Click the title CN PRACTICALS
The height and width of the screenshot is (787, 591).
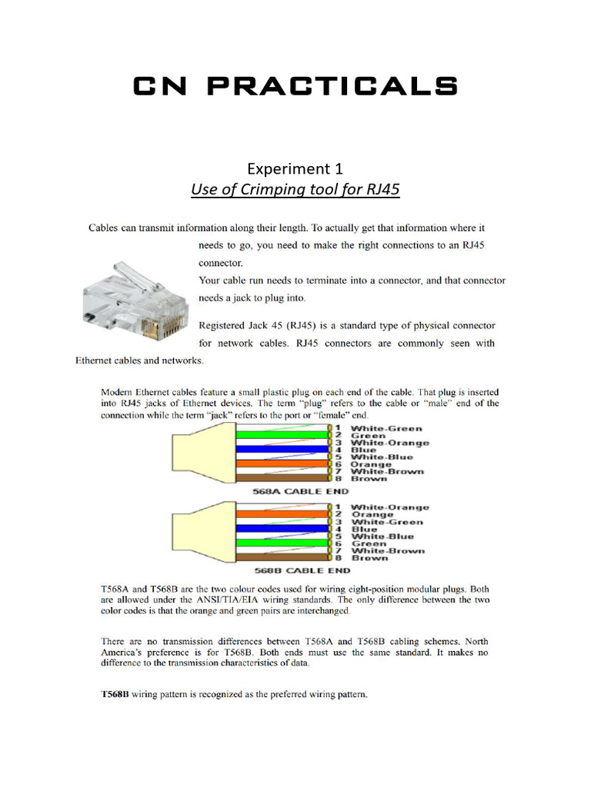[x=295, y=86]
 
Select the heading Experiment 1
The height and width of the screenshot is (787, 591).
[x=295, y=168]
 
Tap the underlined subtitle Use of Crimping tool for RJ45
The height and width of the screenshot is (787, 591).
[x=295, y=189]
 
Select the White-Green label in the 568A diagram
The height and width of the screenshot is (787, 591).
[x=386, y=428]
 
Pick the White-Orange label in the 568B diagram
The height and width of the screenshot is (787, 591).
[x=390, y=507]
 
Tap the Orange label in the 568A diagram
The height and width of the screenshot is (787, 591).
[x=371, y=464]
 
